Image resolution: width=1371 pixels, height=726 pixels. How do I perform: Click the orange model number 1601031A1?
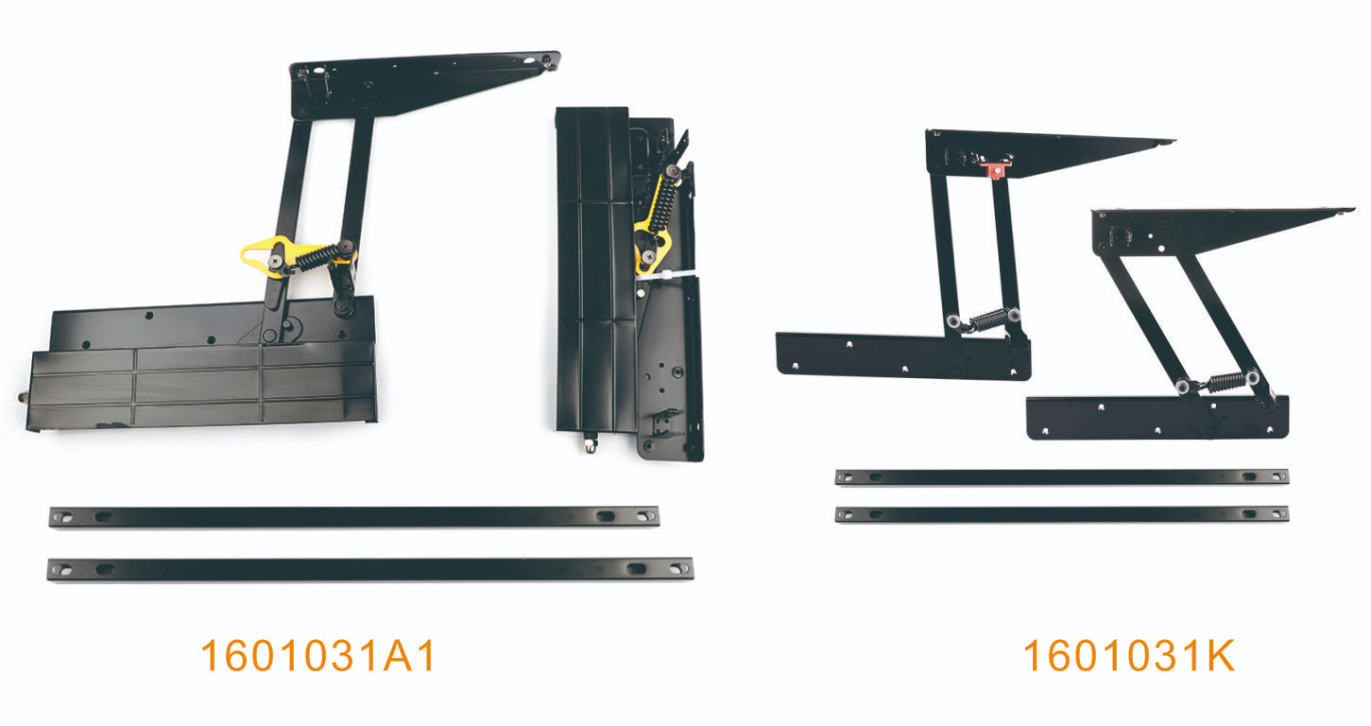click(318, 656)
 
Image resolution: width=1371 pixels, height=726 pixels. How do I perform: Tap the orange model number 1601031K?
click(1129, 656)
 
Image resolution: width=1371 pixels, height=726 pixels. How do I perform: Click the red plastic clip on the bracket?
click(996, 169)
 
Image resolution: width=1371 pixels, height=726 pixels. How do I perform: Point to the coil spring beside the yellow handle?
click(317, 257)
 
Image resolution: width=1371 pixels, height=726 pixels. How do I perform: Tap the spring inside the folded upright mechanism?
click(664, 202)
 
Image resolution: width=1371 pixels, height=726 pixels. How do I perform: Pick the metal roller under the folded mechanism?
click(590, 443)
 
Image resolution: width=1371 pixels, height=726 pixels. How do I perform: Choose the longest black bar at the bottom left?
click(370, 569)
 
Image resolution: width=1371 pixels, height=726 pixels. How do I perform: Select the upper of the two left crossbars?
click(354, 517)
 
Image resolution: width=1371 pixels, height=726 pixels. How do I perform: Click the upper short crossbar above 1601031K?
click(1062, 476)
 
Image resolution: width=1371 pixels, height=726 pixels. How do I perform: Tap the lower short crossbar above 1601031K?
click(1062, 514)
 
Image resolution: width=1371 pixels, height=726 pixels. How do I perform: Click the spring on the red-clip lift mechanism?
click(986, 320)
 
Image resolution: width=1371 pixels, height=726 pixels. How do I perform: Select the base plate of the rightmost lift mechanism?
click(1157, 418)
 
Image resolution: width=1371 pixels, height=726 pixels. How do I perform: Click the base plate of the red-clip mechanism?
click(902, 356)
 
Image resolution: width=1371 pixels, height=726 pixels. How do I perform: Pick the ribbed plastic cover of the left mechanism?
click(202, 387)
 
